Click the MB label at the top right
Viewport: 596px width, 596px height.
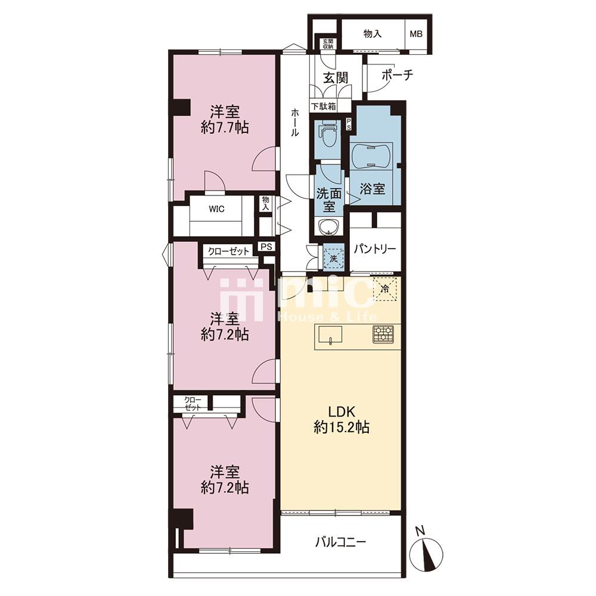(x=416, y=34)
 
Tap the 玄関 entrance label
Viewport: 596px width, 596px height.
(x=336, y=78)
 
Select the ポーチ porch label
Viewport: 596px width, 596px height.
(x=397, y=75)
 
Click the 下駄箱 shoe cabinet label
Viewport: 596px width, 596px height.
(x=324, y=106)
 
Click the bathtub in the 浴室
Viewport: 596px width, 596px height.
(x=371, y=157)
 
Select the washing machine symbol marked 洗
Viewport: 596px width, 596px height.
(x=333, y=259)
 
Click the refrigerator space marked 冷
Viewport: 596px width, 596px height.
(x=385, y=288)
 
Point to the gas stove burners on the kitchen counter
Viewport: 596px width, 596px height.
(x=383, y=335)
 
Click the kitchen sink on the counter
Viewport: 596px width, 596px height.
(x=330, y=335)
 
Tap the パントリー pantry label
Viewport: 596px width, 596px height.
(x=375, y=249)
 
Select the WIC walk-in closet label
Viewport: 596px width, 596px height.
(x=216, y=209)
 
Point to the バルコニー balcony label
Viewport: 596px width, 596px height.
(x=340, y=542)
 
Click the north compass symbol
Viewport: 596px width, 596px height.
(x=426, y=553)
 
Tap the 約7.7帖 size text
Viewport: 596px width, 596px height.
(x=225, y=128)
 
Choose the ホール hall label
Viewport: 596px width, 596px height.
(x=295, y=122)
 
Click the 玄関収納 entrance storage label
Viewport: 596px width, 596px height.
(x=328, y=44)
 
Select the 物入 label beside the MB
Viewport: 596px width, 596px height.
(x=372, y=34)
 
